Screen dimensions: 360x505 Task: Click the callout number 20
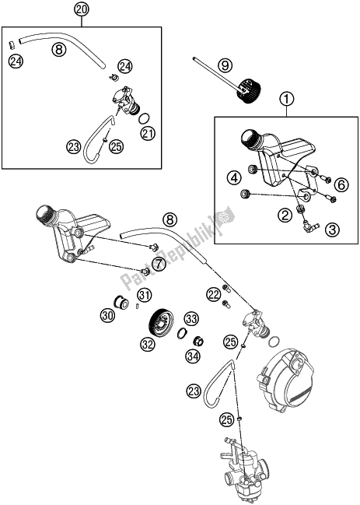tap(82, 10)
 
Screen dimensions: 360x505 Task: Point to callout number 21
tap(148, 134)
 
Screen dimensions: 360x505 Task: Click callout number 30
tap(107, 315)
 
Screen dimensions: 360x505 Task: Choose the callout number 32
tap(148, 345)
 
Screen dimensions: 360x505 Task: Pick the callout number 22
tap(214, 294)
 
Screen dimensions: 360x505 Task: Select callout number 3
tap(332, 230)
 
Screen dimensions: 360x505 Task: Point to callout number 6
tap(341, 185)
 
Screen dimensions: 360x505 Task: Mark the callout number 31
tap(145, 295)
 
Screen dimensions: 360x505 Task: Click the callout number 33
tap(191, 319)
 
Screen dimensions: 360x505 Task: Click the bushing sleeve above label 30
tap(121, 302)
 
